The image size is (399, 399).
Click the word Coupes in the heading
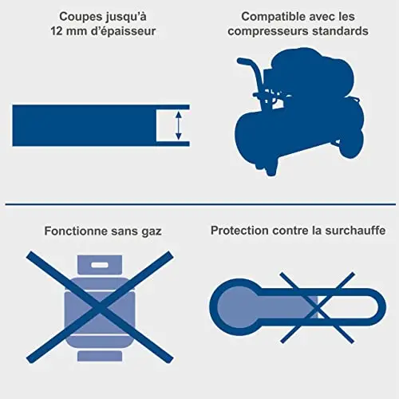tap(81, 18)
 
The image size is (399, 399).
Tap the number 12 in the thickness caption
tap(57, 31)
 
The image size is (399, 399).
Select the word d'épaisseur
tap(123, 32)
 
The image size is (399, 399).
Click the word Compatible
tap(274, 18)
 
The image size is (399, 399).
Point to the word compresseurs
tap(268, 32)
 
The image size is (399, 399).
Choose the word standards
tap(340, 31)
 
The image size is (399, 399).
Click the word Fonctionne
tap(76, 231)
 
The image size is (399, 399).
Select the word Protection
tap(239, 231)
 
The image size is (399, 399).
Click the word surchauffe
tap(355, 231)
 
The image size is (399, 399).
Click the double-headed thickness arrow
tap(179, 125)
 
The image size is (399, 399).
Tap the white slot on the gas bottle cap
tap(100, 265)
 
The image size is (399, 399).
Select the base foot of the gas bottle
tap(100, 356)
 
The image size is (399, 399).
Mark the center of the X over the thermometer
tap(318, 308)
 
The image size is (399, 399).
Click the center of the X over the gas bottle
tap(100, 307)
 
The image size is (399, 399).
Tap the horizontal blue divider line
tap(200, 204)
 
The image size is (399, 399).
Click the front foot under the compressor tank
tap(271, 170)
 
